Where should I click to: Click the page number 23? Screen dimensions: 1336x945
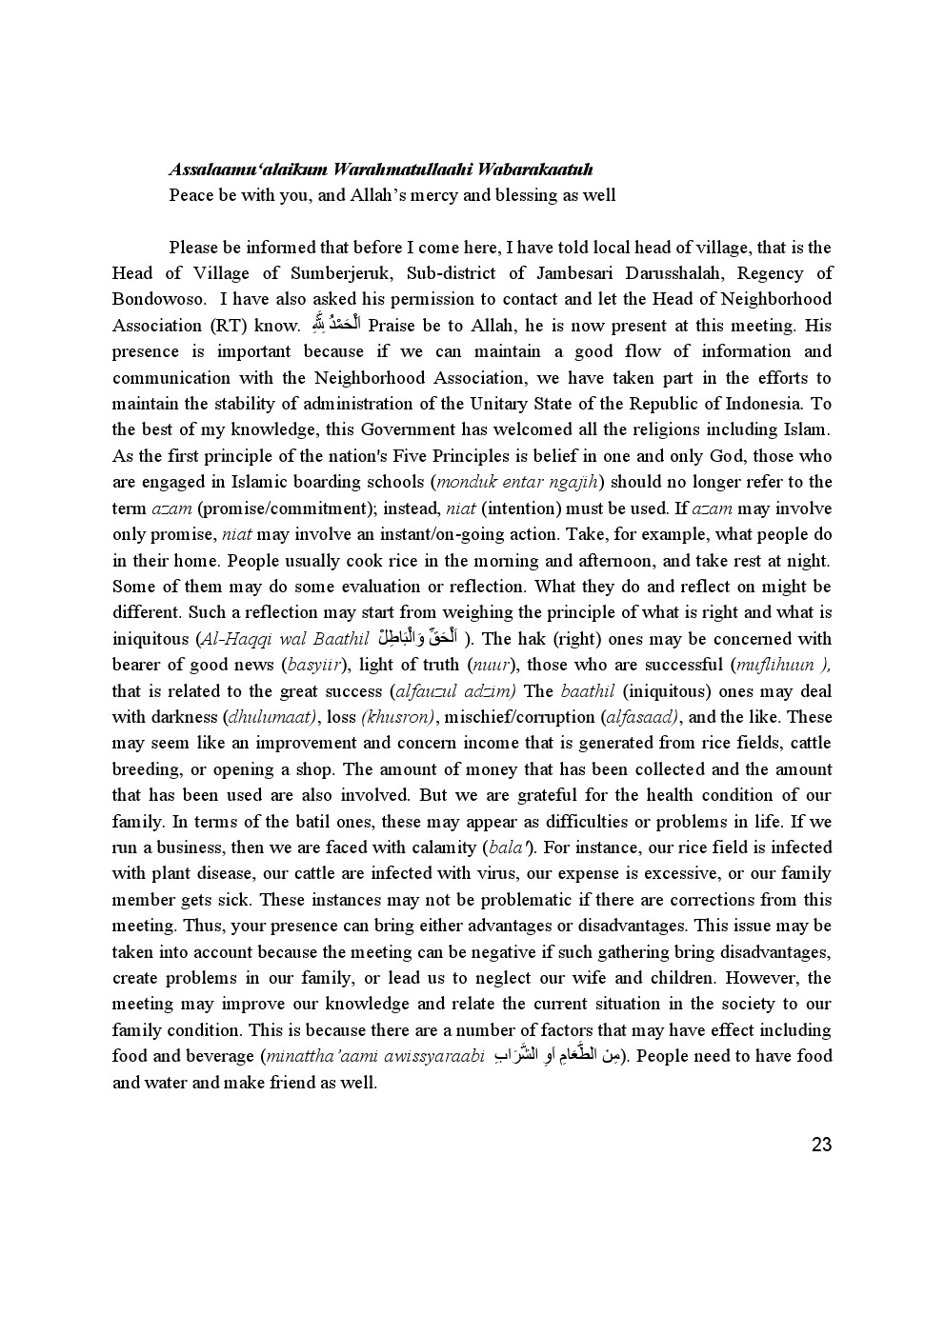821,1145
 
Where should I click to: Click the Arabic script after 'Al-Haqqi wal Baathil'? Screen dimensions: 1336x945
418,638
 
